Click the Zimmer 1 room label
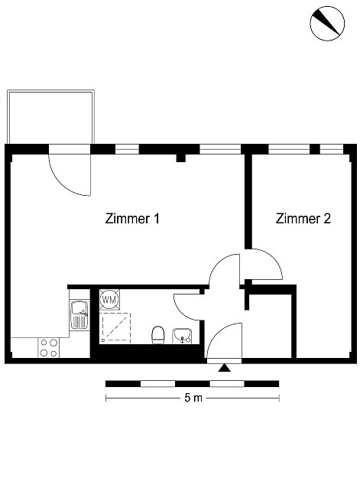pyautogui.click(x=132, y=219)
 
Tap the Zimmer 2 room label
pyautogui.click(x=303, y=219)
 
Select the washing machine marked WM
pyautogui.click(x=109, y=300)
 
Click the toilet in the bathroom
pyautogui.click(x=158, y=335)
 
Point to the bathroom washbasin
pyautogui.click(x=182, y=336)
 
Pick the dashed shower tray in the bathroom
pyautogui.click(x=115, y=328)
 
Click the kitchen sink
pyautogui.click(x=79, y=314)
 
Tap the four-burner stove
pyautogui.click(x=49, y=348)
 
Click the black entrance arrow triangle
pyautogui.click(x=224, y=368)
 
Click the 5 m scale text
pyautogui.click(x=193, y=398)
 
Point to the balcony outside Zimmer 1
pyautogui.click(x=50, y=117)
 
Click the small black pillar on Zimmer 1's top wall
pyautogui.click(x=181, y=158)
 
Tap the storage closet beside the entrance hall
pyautogui.click(x=271, y=326)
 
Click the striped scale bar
pyautogui.click(x=192, y=384)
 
